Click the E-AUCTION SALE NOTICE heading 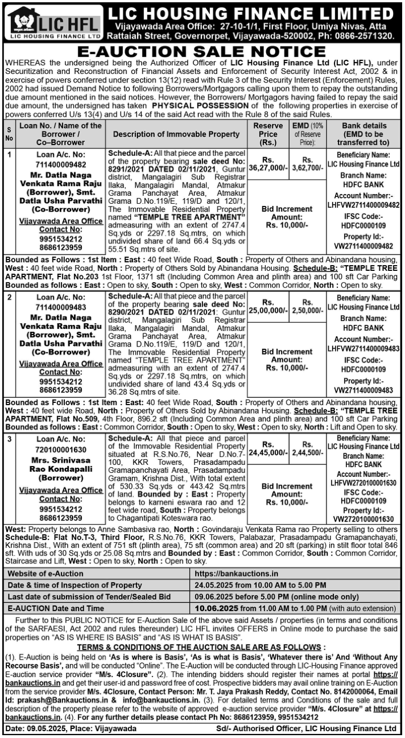[x=202, y=52]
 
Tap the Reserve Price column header [x=268, y=134]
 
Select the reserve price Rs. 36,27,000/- [x=268, y=164]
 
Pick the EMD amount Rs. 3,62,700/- [x=308, y=164]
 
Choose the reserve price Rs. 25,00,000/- [x=268, y=307]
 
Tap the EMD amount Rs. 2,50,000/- [x=308, y=307]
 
